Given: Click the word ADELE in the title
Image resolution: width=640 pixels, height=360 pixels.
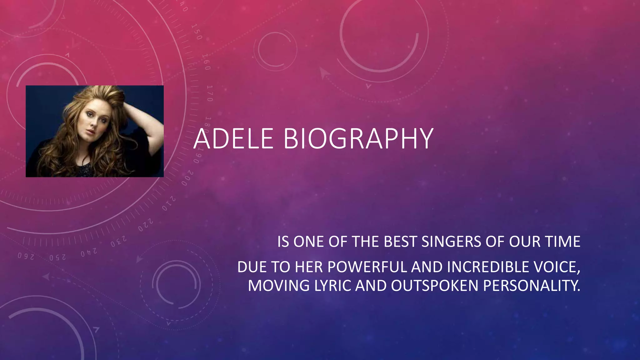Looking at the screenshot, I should click(x=234, y=138).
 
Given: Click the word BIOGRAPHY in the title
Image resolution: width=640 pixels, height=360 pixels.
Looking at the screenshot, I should click(x=358, y=138).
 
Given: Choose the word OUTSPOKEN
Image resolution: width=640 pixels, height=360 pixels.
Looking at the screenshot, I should click(x=434, y=286).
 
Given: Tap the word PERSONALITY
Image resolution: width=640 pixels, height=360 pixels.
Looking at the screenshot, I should click(x=531, y=286).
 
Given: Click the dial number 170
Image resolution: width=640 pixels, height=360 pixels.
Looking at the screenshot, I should click(x=210, y=93).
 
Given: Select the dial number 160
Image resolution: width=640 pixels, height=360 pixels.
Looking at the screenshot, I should click(x=206, y=62).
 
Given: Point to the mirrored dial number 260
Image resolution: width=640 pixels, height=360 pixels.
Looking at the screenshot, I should click(x=26, y=256).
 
